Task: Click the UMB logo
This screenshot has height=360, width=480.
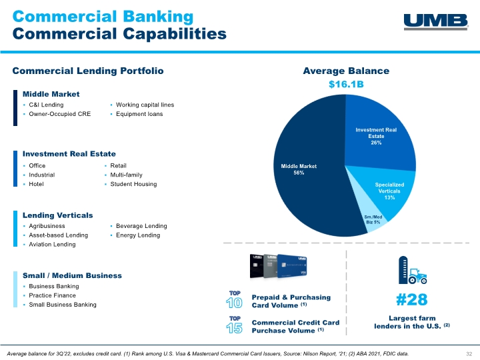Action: [436, 22]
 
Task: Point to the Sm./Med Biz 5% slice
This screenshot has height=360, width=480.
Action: [372, 219]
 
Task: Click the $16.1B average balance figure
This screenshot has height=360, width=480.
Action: [346, 84]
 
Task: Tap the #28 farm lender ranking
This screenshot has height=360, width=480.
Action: [412, 299]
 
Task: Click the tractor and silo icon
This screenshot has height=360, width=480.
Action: [413, 270]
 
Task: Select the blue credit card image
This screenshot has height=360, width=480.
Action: [292, 266]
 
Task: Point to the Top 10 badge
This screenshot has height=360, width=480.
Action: [234, 300]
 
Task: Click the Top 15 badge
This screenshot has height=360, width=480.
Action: [234, 325]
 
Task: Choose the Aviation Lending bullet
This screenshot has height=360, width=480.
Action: [52, 244]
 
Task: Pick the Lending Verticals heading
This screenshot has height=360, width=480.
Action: [57, 215]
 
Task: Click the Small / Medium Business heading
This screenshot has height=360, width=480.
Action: [72, 275]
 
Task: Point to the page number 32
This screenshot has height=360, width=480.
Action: [469, 353]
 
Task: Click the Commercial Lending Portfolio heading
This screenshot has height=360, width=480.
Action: [88, 71]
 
